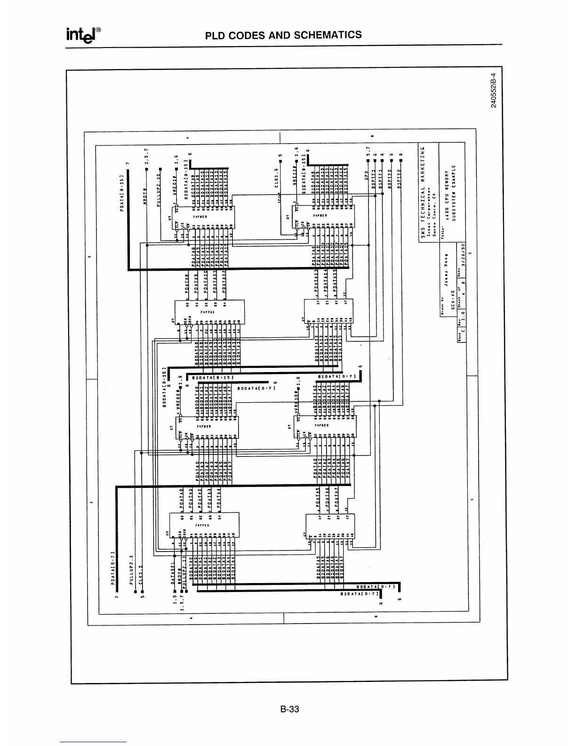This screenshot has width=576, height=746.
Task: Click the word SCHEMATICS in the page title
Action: pos(328,35)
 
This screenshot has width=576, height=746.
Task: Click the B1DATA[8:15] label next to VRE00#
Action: pos(212,377)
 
